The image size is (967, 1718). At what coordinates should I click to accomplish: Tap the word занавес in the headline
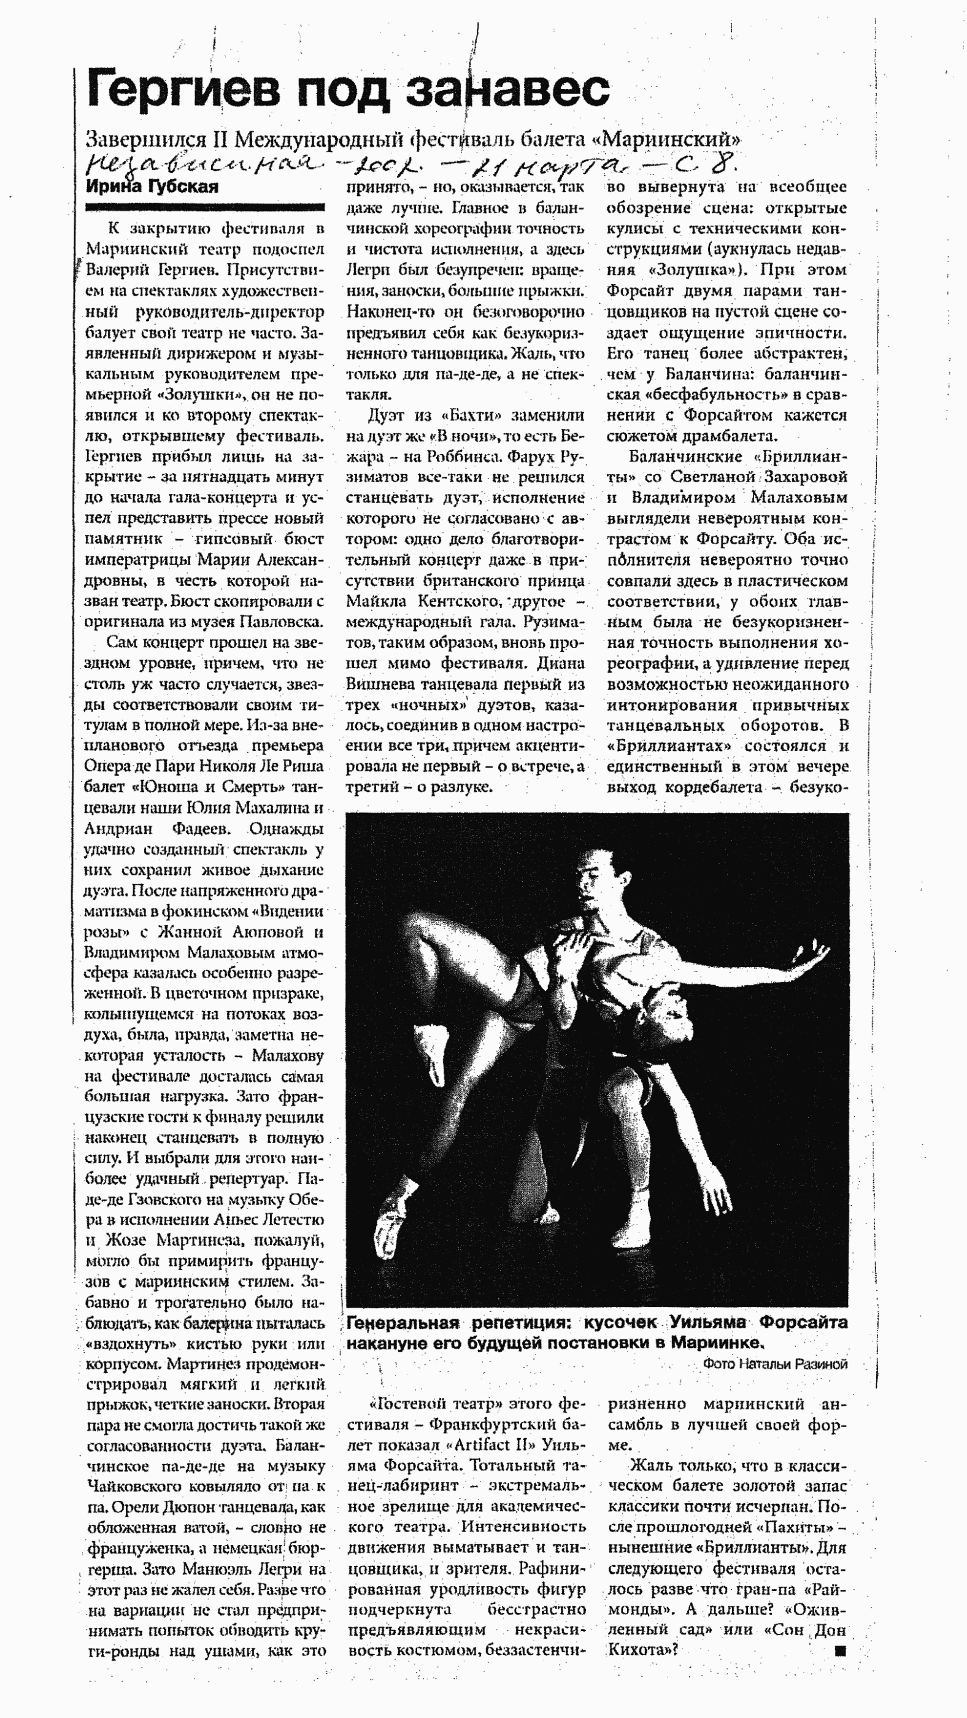tap(508, 90)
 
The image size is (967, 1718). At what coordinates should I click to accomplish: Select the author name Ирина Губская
tap(152, 187)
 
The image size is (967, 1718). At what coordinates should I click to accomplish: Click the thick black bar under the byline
tap(205, 207)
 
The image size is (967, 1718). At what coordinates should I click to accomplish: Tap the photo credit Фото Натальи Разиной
tap(775, 1365)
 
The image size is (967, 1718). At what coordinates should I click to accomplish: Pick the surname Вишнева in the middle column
tap(379, 684)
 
